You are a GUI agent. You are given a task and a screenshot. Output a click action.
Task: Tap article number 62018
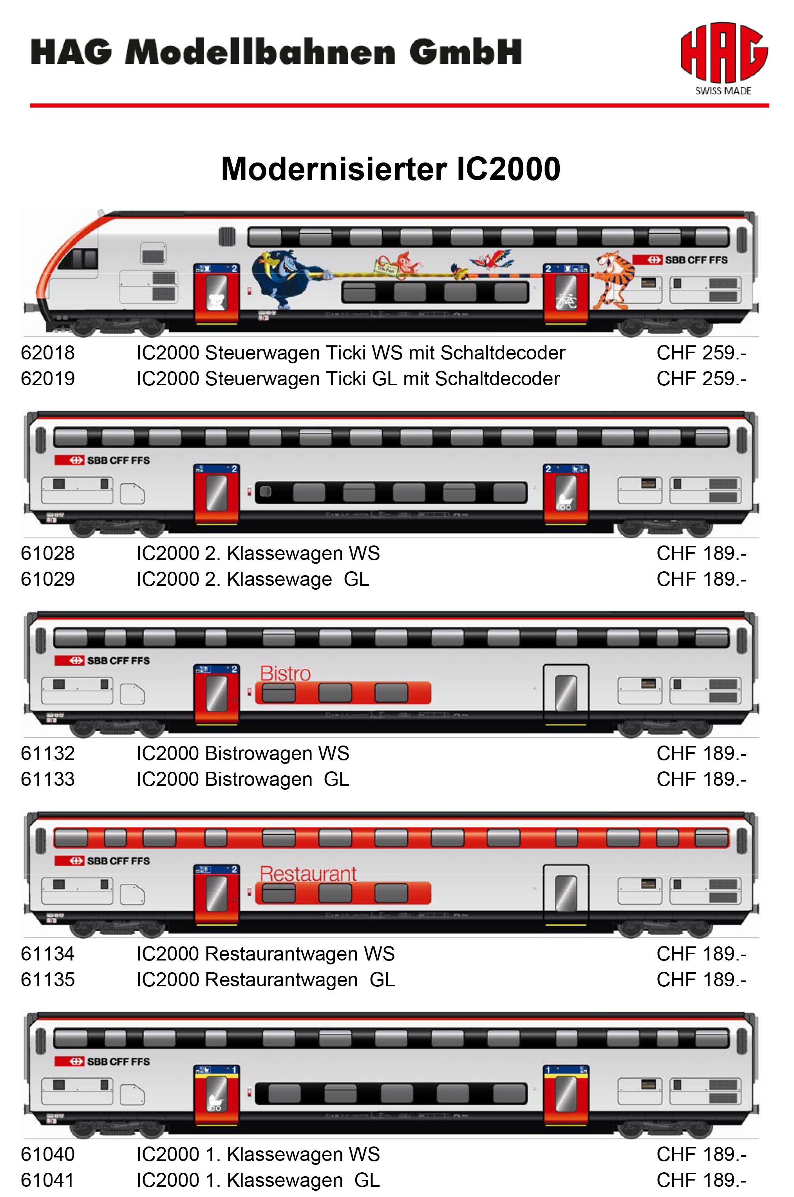click(x=48, y=353)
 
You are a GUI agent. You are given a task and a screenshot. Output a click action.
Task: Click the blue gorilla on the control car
click(x=286, y=278)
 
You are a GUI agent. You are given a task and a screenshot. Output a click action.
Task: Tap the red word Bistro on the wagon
click(x=285, y=673)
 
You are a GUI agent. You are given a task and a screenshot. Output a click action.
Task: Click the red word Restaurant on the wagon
click(x=308, y=874)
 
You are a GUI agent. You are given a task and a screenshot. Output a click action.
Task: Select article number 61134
click(x=48, y=954)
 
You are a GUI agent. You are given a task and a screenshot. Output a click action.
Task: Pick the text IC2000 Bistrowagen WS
click(x=242, y=754)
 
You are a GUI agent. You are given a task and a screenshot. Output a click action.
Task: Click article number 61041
click(x=48, y=1180)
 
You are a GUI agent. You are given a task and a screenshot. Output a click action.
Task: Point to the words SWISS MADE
click(x=723, y=91)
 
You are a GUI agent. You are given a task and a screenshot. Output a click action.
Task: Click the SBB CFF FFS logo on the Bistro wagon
click(x=102, y=661)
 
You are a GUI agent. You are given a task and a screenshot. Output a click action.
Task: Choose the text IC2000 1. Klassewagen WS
click(x=258, y=1154)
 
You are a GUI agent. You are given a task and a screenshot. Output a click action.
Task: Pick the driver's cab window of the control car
click(x=78, y=259)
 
